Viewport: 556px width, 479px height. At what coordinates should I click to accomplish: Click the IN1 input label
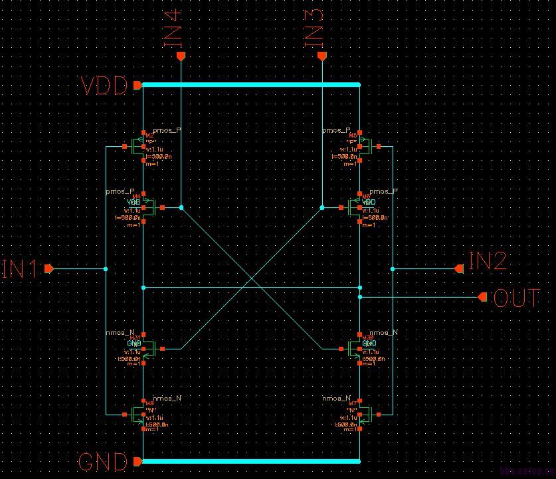(20, 268)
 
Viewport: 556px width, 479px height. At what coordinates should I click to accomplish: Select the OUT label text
(516, 298)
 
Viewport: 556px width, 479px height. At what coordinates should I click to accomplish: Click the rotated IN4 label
(173, 28)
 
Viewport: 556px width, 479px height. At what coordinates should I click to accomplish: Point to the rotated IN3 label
(314, 28)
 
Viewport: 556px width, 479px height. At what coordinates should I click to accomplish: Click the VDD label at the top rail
(104, 86)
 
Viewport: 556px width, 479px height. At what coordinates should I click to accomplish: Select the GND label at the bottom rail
(103, 462)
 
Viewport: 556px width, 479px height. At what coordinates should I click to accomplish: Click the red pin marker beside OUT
(483, 297)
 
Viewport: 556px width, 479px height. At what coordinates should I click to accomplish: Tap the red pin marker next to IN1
(48, 269)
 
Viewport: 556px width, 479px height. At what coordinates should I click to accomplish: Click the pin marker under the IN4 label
(180, 57)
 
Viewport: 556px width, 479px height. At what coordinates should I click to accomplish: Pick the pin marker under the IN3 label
(322, 57)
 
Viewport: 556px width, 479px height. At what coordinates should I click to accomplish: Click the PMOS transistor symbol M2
(138, 146)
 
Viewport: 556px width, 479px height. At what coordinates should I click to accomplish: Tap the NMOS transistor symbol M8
(138, 415)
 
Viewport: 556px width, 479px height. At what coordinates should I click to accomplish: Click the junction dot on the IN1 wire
(106, 269)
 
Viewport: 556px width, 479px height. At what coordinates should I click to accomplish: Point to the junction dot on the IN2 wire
(393, 269)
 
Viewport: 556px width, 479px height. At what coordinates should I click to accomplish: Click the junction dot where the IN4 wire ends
(181, 207)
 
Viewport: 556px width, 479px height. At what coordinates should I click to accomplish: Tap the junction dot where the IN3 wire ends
(322, 207)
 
